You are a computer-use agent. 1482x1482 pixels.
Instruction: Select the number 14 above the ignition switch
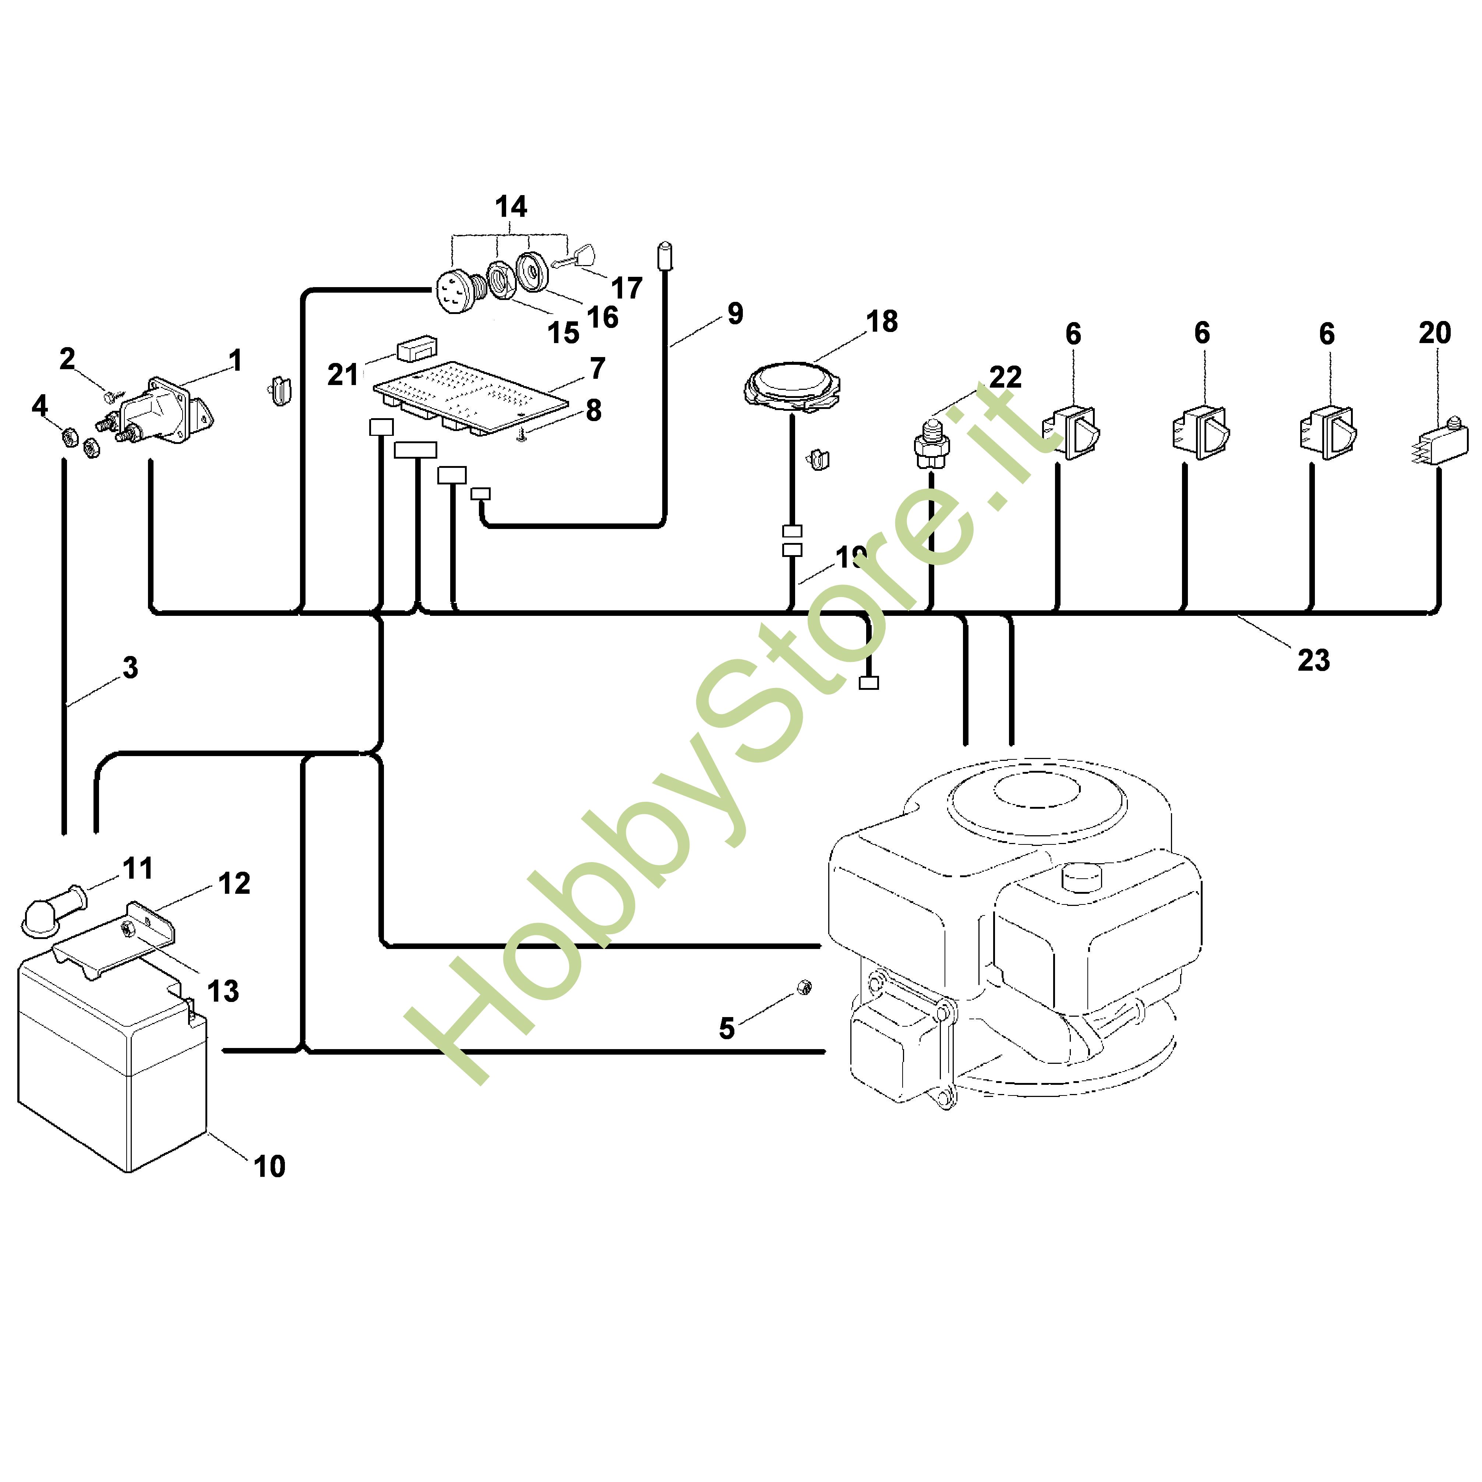[511, 207]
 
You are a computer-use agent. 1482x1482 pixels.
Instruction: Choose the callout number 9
[735, 313]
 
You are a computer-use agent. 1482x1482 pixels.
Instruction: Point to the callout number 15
[563, 333]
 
